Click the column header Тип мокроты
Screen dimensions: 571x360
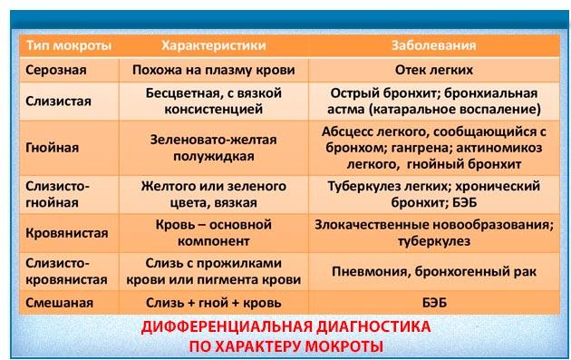coord(69,45)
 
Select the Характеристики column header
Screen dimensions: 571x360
coord(214,45)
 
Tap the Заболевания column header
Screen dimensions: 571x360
coord(434,45)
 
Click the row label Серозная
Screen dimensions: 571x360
coord(56,70)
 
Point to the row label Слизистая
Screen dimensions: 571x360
coord(58,101)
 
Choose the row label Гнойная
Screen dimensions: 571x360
coord(52,148)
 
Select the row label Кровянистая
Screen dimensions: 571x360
coord(67,233)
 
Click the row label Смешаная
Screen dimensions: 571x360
coord(59,303)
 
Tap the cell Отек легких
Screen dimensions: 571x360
coord(434,70)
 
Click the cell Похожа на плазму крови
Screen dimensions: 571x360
coord(214,70)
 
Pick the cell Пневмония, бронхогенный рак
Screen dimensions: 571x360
coord(434,271)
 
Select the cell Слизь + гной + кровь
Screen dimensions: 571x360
coord(214,303)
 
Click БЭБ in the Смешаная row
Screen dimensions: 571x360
coord(434,303)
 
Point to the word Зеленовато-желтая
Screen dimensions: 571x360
coord(214,140)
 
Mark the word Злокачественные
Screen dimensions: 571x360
coord(367,225)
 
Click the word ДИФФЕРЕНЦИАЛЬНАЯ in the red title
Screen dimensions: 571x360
coord(227,326)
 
